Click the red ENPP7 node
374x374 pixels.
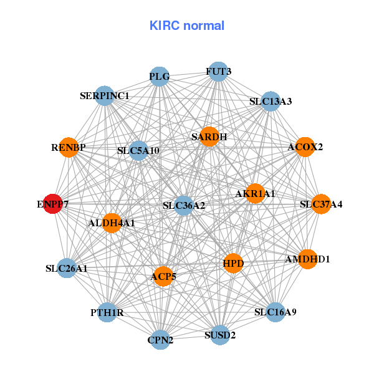[x=53, y=204]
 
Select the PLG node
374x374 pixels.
[x=160, y=77]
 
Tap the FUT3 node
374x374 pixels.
[x=218, y=72]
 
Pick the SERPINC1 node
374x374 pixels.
[x=105, y=96]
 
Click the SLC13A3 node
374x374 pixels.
[x=270, y=101]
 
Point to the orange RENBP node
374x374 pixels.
[x=69, y=148]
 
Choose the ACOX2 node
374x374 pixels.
[x=305, y=148]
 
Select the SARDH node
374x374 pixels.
[x=209, y=137]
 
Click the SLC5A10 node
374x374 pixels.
[x=138, y=150]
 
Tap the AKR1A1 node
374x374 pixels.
[x=255, y=194]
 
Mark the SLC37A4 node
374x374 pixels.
[x=321, y=204]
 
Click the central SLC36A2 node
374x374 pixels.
[x=184, y=205]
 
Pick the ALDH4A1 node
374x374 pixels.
[x=112, y=223]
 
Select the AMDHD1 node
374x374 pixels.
[x=307, y=259]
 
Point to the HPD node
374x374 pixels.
[x=233, y=264]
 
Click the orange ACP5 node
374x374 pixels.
[x=163, y=276]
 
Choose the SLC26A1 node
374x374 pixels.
[x=67, y=269]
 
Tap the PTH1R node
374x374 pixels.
[x=107, y=312]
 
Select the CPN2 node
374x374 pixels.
[x=160, y=340]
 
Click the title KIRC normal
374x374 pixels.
[x=187, y=26]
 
